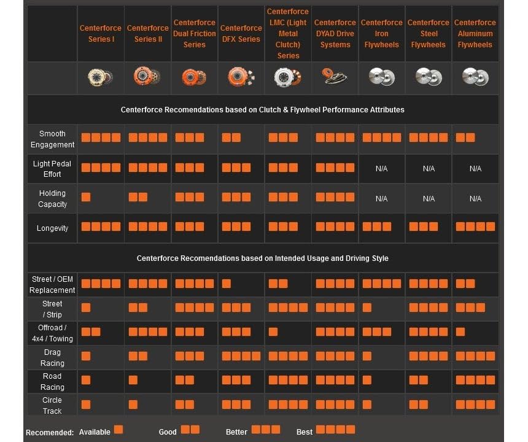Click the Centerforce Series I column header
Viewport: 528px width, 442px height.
[101, 33]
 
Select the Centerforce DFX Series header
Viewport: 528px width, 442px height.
[241, 33]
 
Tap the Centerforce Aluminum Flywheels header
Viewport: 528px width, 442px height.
[475, 33]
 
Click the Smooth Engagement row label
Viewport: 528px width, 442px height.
[52, 139]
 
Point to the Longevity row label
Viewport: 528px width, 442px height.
[52, 228]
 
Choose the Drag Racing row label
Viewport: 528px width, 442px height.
[52, 357]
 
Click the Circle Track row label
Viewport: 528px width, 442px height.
[52, 405]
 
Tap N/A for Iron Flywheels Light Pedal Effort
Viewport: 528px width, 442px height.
[381, 168]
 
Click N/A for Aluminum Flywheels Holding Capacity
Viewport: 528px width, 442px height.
[475, 199]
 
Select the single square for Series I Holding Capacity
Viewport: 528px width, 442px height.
[86, 197]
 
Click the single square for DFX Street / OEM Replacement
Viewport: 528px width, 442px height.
[227, 284]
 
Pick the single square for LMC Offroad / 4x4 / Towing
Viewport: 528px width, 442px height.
[273, 332]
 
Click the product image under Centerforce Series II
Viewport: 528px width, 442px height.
[147, 76]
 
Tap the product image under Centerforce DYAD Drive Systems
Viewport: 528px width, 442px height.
[334, 76]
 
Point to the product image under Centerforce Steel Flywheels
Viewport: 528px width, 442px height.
[429, 77]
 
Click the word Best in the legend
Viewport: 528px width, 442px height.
[305, 432]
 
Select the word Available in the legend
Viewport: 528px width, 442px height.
[95, 432]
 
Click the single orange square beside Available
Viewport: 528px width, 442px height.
[118, 430]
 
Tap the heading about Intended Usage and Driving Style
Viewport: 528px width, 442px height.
[263, 258]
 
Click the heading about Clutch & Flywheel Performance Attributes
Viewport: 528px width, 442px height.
[263, 110]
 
